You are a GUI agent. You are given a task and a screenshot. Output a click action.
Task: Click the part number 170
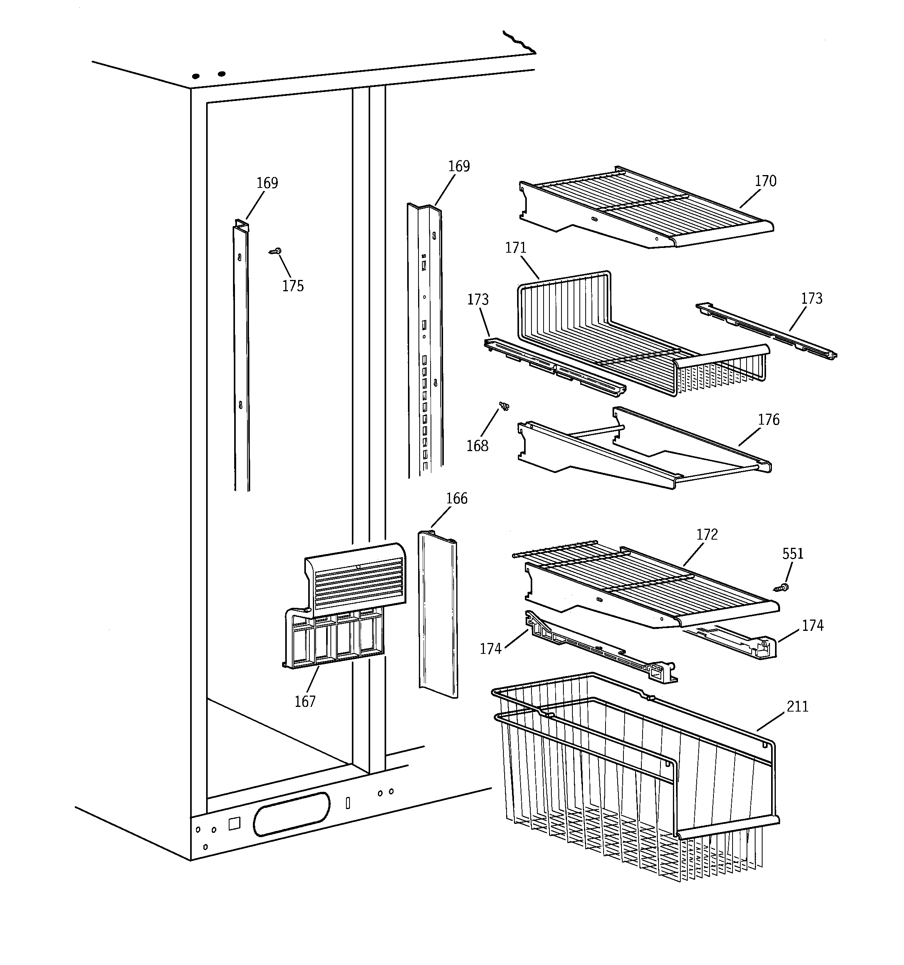click(x=765, y=181)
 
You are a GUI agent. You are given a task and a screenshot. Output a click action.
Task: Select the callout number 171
click(x=516, y=248)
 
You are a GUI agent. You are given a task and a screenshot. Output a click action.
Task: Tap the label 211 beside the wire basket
click(x=797, y=706)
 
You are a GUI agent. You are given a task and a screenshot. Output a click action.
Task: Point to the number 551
click(x=793, y=554)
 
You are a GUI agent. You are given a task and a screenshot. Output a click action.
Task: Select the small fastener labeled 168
click(x=505, y=406)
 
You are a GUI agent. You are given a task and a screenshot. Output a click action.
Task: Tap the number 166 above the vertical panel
click(x=457, y=499)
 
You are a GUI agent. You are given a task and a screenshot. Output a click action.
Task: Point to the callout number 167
click(x=305, y=701)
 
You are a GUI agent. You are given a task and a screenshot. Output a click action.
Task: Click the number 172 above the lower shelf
click(x=707, y=535)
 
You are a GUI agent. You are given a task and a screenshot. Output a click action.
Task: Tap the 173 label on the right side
click(x=811, y=299)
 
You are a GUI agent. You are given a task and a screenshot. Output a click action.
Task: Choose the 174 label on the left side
click(x=490, y=649)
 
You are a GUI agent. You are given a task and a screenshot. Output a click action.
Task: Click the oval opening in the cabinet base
click(x=291, y=821)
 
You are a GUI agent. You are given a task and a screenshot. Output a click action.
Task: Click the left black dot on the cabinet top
click(x=196, y=76)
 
